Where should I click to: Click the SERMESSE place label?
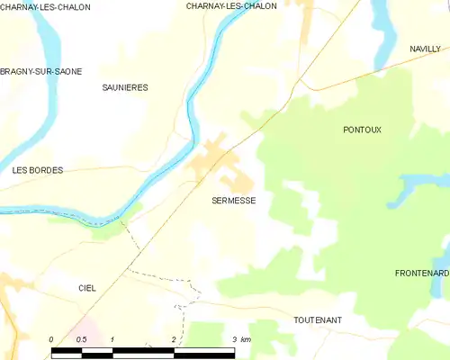(233, 202)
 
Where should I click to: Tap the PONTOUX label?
(362, 130)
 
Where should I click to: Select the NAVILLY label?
(424, 49)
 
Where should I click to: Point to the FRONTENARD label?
(421, 273)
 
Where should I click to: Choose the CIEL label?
(87, 288)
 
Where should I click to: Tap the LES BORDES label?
(38, 169)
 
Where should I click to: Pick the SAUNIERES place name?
(125, 87)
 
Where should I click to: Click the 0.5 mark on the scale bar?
(81, 339)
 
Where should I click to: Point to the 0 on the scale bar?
(51, 339)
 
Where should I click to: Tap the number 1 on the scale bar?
(112, 339)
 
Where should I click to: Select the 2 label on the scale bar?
(173, 339)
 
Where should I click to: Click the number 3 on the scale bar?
(233, 339)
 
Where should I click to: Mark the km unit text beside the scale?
(246, 339)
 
